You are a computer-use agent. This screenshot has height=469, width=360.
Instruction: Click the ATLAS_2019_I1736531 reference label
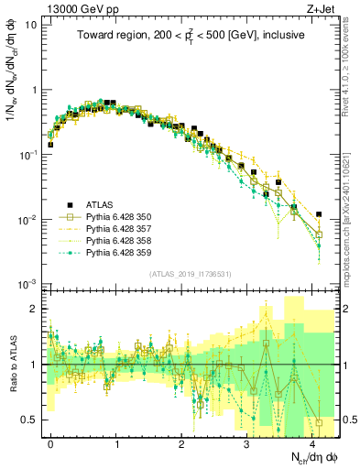[189, 274]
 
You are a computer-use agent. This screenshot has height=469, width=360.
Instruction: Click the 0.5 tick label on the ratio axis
[29, 420]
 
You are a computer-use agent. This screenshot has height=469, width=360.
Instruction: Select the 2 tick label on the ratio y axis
[34, 309]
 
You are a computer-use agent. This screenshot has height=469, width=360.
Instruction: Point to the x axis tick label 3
[246, 442]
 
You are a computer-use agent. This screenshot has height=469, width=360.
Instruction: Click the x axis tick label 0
[50, 442]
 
